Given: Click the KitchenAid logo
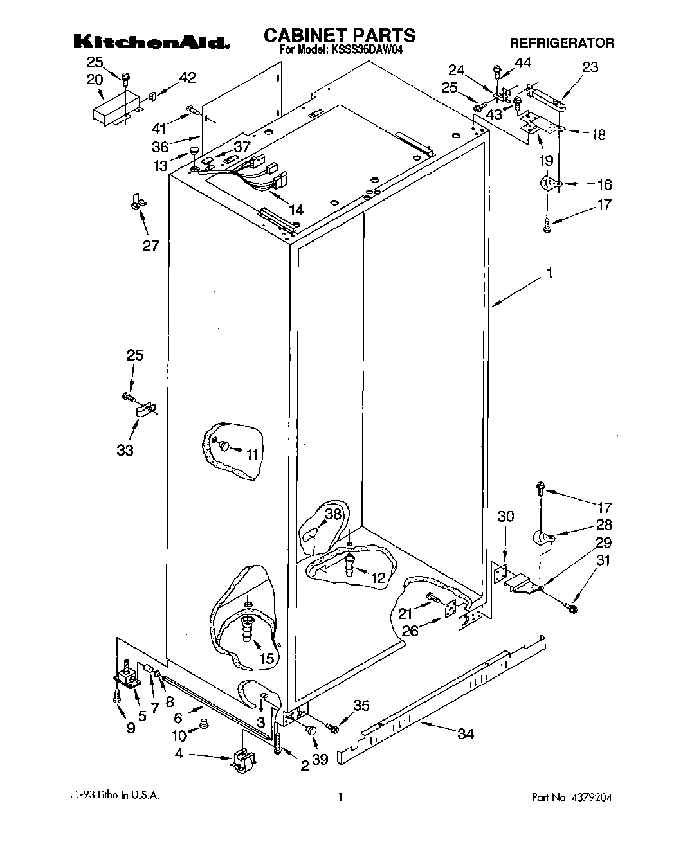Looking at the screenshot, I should (152, 42).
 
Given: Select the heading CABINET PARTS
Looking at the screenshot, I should (340, 35).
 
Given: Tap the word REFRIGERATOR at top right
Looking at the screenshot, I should (561, 43).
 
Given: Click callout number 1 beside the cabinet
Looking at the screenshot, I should (549, 273).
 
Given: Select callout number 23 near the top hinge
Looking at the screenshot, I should (589, 67).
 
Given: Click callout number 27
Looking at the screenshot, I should (150, 245).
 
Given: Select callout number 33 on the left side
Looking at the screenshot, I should (125, 450).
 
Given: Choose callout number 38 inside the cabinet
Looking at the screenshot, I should (332, 514).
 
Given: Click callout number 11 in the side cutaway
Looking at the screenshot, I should (252, 454).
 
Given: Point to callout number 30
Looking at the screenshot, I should (506, 516).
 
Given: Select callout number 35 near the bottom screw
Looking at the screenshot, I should (361, 706).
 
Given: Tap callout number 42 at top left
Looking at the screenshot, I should (187, 78).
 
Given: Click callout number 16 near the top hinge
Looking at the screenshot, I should (604, 184).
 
